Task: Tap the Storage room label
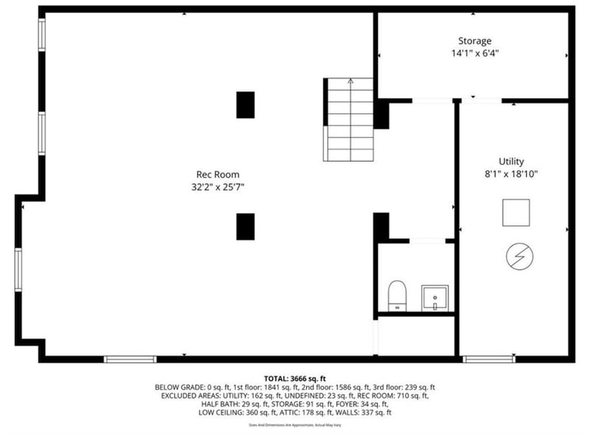pos(474,41)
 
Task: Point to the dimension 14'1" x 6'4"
pos(474,53)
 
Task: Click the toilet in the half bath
pos(397,295)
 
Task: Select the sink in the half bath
pos(434,298)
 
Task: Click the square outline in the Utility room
pos(516,212)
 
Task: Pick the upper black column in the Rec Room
pos(246,105)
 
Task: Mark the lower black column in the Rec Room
pos(246,226)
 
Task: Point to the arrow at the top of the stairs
pos(350,82)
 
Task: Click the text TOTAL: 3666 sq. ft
pos(295,378)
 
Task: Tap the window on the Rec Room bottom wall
pos(130,359)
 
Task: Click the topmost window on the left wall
pos(41,35)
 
